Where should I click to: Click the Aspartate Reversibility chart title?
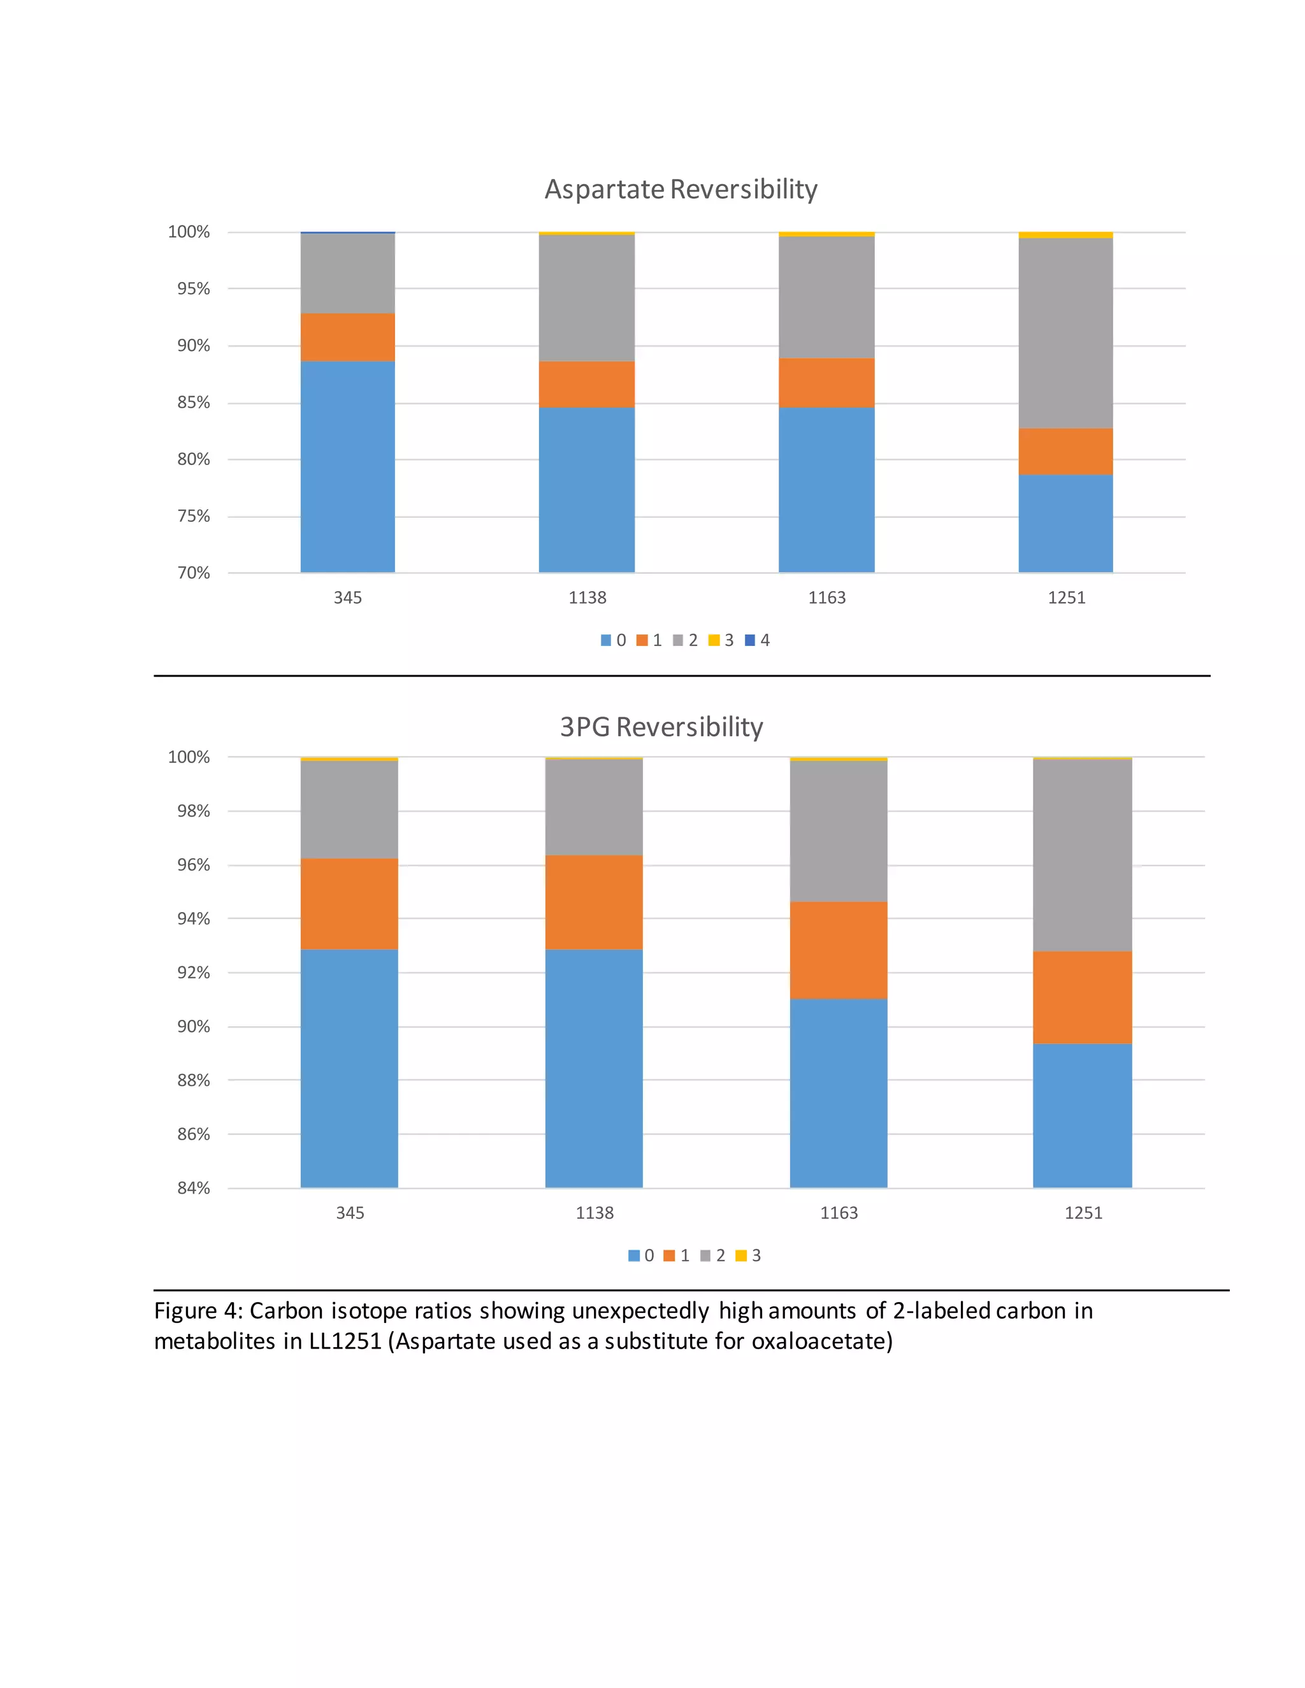(681, 189)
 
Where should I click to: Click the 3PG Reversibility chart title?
(661, 727)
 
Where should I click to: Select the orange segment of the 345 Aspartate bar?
(347, 337)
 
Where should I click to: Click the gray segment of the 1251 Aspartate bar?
(1065, 333)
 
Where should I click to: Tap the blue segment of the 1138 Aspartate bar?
(586, 489)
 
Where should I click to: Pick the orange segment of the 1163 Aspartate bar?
(826, 383)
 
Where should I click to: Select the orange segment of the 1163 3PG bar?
(838, 950)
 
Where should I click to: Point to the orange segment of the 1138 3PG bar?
(594, 902)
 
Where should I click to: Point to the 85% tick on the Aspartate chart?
(193, 403)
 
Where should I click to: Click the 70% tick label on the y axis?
(193, 573)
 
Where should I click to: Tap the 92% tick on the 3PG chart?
(193, 972)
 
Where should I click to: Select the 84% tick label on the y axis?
(193, 1188)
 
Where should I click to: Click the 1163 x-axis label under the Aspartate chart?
(826, 597)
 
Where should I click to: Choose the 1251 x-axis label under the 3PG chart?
(1083, 1213)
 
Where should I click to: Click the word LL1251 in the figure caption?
(345, 1341)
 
